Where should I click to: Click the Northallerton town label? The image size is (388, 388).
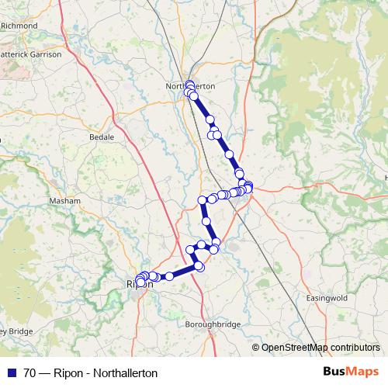(190, 86)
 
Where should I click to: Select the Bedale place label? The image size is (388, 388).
(101, 137)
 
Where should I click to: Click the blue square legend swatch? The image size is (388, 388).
(11, 373)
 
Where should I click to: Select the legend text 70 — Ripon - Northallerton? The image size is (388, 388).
(90, 373)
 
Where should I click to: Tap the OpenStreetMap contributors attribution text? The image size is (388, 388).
(321, 348)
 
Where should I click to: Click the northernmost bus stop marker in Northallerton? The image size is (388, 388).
(189, 84)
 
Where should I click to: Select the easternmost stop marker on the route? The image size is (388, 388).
(248, 185)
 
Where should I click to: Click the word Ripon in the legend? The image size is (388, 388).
(69, 373)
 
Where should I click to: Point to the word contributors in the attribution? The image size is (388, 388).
(351, 348)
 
